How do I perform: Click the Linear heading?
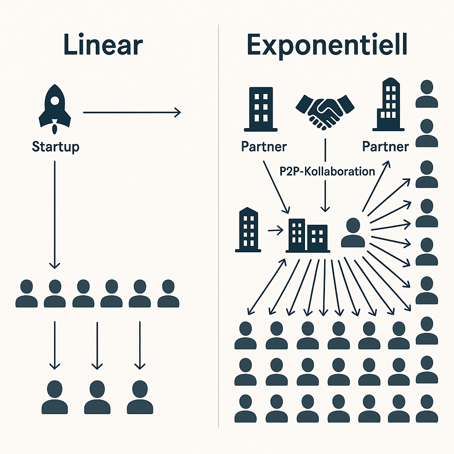pos(103,46)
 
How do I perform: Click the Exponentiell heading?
pos(327,46)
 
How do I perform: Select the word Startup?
pos(55,147)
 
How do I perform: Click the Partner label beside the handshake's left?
pos(264,147)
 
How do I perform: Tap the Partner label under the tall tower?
pos(385,147)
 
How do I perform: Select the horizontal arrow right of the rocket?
pos(132,113)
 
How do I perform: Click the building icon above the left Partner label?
pos(261,110)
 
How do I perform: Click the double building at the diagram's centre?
pos(308,235)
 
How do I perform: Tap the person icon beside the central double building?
pos(353,233)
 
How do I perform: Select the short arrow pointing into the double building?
pos(275,230)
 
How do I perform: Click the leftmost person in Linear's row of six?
pos(26,294)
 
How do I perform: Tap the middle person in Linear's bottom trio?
pos(97,397)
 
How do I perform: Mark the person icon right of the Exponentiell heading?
pos(427,94)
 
